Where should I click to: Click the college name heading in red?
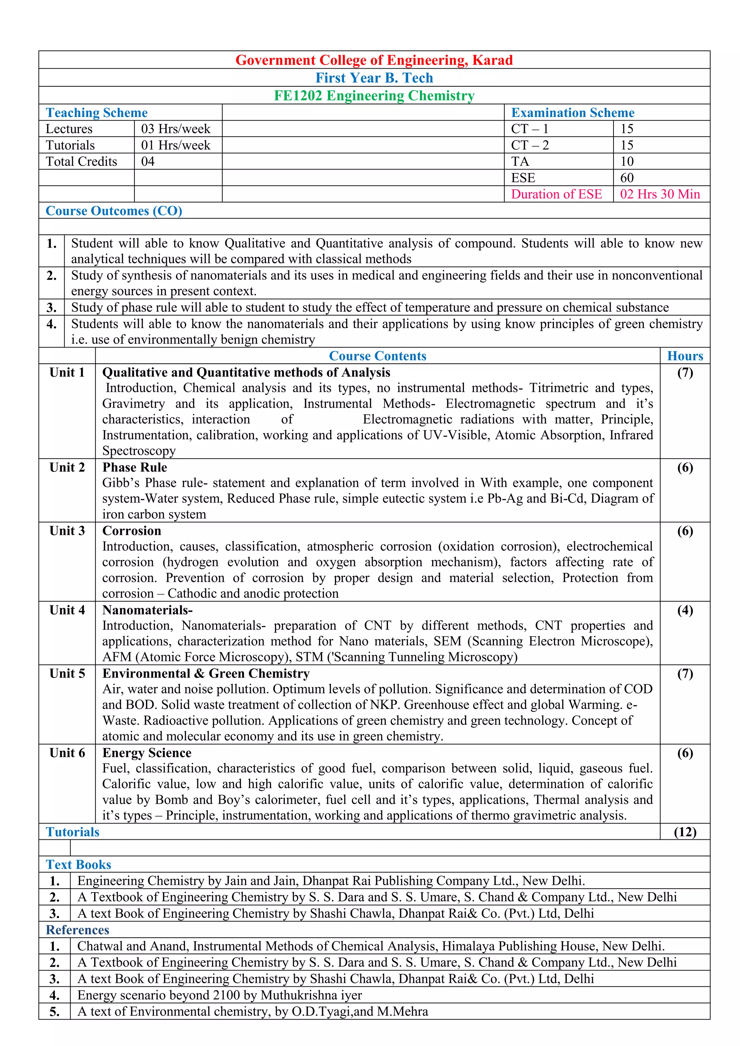[374, 60]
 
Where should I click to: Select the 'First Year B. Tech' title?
[374, 78]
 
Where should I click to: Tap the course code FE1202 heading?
[374, 96]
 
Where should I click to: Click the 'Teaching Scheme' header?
[96, 113]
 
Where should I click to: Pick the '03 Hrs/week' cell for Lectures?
[176, 129]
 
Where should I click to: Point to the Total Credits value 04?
[148, 162]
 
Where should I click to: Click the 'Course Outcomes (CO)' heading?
[114, 211]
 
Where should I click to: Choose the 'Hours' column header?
[685, 356]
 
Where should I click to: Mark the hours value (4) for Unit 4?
[685, 610]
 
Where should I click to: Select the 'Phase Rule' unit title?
[134, 467]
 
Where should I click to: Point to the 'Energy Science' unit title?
[147, 753]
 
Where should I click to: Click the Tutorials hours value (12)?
[685, 832]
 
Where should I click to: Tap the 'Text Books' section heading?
[78, 865]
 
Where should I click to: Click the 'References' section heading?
[77, 930]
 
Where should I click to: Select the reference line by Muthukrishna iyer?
[220, 995]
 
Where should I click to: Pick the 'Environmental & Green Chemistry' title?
[206, 674]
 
